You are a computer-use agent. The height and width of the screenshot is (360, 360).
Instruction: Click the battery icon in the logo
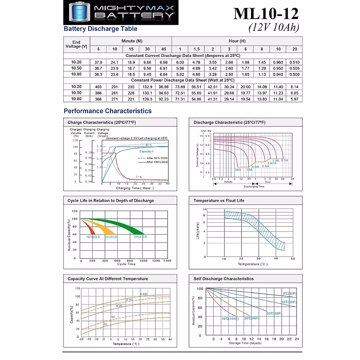point(79,12)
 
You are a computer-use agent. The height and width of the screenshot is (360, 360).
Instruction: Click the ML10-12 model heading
point(266,14)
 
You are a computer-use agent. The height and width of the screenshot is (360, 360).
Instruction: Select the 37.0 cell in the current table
point(98,62)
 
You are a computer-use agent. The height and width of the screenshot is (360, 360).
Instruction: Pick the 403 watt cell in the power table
point(98,87)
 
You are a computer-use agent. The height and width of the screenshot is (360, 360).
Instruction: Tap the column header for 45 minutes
point(163,49)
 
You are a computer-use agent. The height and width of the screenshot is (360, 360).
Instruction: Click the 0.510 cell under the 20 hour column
point(295,62)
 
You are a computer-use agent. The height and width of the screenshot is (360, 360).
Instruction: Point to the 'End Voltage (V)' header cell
point(76,44)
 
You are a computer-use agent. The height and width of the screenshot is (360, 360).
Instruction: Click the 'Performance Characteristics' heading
point(108,111)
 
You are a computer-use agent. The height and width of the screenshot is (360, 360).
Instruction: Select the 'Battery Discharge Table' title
point(100,29)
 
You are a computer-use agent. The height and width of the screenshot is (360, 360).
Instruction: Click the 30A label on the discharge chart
point(238,170)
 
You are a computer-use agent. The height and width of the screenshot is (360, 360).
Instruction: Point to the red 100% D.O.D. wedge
point(91,230)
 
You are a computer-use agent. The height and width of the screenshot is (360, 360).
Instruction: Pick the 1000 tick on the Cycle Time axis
point(143,261)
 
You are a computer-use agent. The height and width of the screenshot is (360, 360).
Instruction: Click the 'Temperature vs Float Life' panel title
point(219,201)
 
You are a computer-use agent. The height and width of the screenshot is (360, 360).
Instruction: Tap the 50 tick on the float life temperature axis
point(293,259)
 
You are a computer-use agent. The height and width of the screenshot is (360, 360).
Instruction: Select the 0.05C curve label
point(144,294)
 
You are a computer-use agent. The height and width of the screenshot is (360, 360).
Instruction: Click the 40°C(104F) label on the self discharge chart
point(230,319)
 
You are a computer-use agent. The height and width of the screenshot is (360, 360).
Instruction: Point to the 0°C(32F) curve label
point(289,294)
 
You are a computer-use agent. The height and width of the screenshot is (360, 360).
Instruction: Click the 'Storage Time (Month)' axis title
point(245,343)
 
